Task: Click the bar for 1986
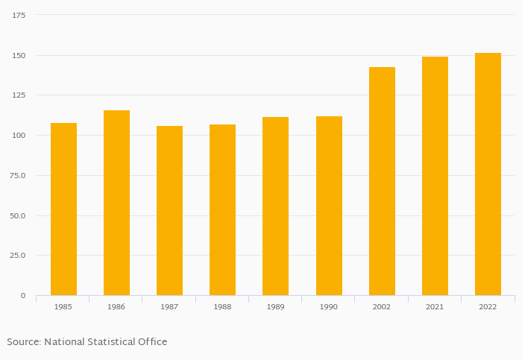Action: (x=116, y=203)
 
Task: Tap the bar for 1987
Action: (x=169, y=210)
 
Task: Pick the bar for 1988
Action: (x=222, y=209)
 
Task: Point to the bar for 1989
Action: (x=275, y=206)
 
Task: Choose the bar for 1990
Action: (x=329, y=206)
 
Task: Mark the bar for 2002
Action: (x=382, y=181)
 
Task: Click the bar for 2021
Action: (x=435, y=176)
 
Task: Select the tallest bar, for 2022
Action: (x=488, y=174)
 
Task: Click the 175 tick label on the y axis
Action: (x=19, y=15)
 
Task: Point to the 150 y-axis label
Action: (x=19, y=55)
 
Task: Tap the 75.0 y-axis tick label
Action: (x=17, y=175)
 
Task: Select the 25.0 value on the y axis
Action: (x=17, y=256)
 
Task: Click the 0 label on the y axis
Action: (x=22, y=296)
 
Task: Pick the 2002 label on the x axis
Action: (x=382, y=307)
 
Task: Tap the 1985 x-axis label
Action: (x=63, y=307)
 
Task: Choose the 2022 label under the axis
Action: (x=488, y=307)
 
